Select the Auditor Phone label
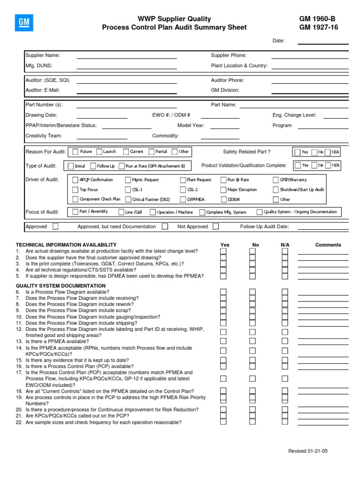227,80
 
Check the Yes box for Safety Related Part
298,152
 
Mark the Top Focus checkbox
75,190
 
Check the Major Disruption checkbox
223,190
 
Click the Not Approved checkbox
216,226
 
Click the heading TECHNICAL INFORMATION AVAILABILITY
66,245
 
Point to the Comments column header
328,245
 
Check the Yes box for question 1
223,251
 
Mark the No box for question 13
252,341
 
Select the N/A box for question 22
285,421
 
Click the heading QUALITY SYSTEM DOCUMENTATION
60,285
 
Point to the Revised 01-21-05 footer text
308,451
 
